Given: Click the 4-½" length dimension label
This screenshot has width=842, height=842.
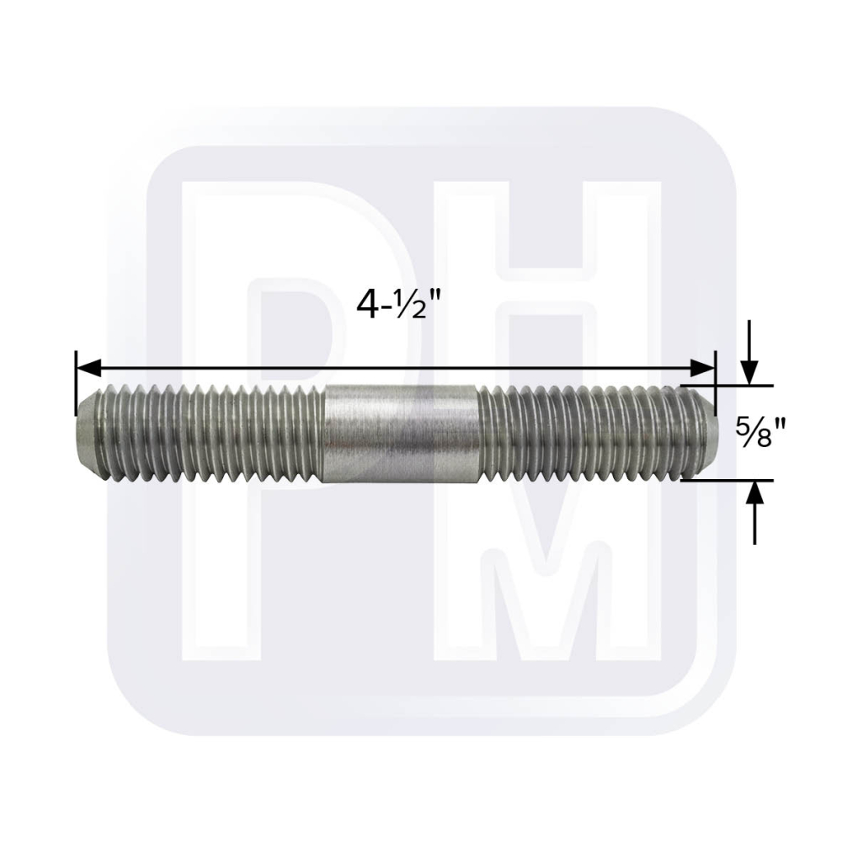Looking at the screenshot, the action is click(x=394, y=306).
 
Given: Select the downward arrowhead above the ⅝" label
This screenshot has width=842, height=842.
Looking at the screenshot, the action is click(x=749, y=373).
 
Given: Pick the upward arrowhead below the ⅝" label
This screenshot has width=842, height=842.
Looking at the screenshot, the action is click(x=755, y=493).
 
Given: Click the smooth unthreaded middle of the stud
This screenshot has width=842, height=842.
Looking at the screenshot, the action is click(x=401, y=433).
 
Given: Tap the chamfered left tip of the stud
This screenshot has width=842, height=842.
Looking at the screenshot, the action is click(x=88, y=433).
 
